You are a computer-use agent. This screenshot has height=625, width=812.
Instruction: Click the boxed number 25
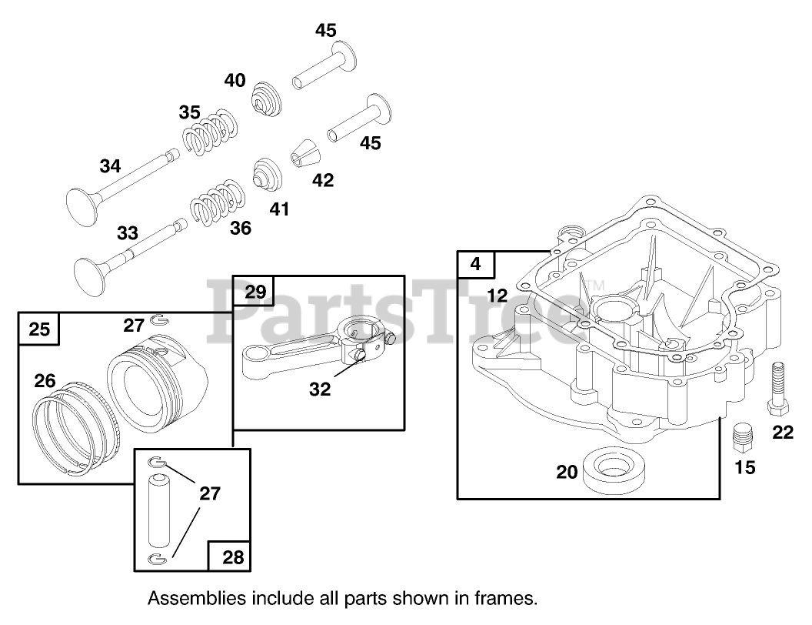tap(39, 329)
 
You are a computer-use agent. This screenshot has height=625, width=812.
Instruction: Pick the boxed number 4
tap(476, 265)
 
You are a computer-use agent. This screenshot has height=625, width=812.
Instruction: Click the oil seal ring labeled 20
tap(613, 471)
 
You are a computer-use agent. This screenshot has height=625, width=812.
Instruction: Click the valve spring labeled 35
tap(208, 132)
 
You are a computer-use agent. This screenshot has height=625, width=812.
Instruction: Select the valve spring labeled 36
tap(217, 202)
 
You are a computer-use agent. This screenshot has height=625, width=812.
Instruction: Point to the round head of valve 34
tap(82, 203)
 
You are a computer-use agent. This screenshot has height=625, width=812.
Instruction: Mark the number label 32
tap(320, 389)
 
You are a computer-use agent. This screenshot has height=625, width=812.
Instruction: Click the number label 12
tap(498, 295)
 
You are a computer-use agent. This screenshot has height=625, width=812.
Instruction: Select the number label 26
tap(45, 380)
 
